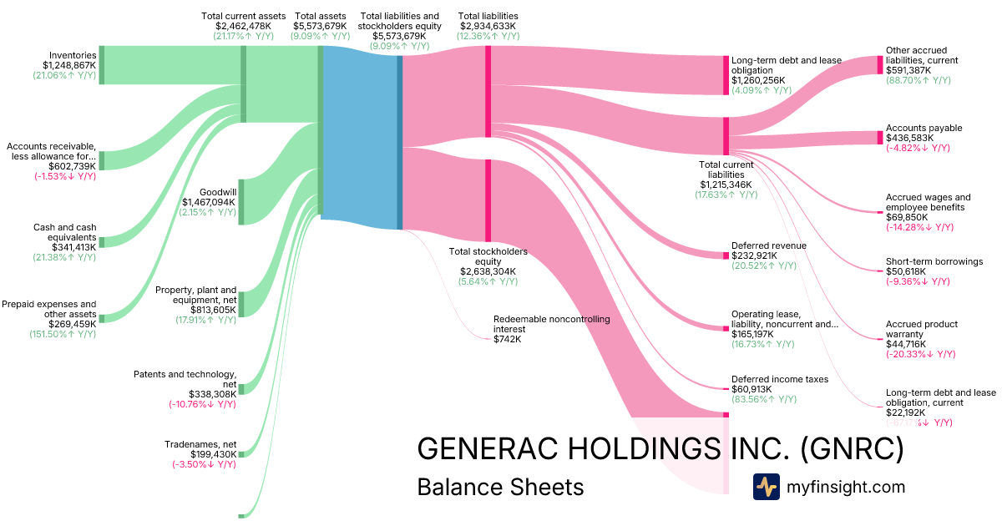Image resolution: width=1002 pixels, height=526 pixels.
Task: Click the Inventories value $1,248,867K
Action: [x=69, y=64]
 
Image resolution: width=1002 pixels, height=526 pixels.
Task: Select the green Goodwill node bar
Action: [x=241, y=202]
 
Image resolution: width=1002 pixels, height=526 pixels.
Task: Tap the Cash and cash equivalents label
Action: [x=64, y=232]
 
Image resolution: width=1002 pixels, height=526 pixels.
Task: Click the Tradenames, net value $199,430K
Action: [x=205, y=453]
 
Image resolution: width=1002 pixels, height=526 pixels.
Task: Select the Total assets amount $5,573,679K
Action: [x=321, y=26]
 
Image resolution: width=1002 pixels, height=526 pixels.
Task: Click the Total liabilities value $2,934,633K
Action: [x=488, y=26]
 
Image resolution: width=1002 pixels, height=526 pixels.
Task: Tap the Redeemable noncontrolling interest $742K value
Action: [x=508, y=339]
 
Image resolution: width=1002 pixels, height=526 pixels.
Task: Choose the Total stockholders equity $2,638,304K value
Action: [x=488, y=271]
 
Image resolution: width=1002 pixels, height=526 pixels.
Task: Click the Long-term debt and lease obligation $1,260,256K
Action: [x=758, y=80]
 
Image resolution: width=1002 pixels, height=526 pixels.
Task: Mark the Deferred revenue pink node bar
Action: [x=726, y=255]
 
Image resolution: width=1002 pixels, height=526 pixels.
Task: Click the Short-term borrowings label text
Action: [x=934, y=261]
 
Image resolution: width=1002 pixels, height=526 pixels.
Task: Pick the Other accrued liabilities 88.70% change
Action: [x=918, y=80]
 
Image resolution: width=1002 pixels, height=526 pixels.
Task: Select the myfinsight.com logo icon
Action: [x=766, y=487]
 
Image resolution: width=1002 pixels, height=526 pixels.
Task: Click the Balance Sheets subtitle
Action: [x=500, y=487]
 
